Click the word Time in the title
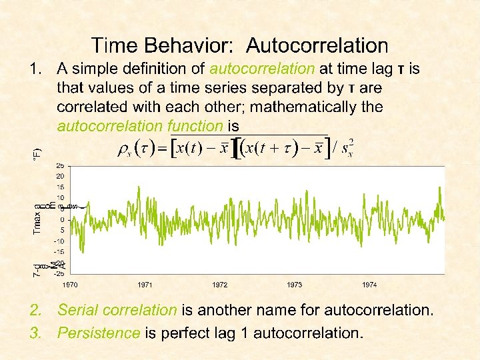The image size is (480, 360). (x=114, y=45)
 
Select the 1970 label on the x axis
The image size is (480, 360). (x=71, y=285)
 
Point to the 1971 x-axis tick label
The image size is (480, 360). (x=145, y=285)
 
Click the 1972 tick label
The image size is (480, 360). (x=220, y=285)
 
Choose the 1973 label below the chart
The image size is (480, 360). (x=295, y=285)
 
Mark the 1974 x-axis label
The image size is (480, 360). (x=369, y=285)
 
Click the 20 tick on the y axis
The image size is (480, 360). (x=60, y=176)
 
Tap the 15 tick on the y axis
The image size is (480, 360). (x=60, y=187)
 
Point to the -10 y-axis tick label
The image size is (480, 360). (x=59, y=241)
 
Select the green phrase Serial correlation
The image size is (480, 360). (x=117, y=310)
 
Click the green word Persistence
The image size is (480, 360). (x=99, y=333)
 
